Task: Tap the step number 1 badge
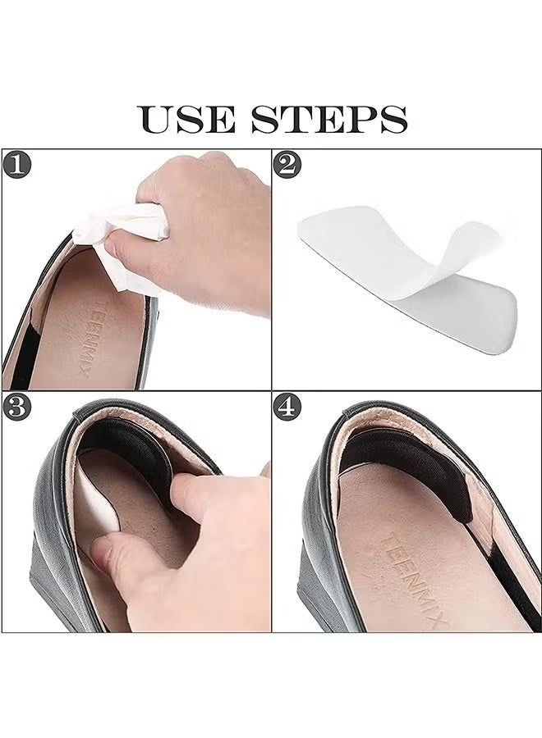click(17, 165)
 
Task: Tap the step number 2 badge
click(287, 165)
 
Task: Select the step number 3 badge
click(17, 407)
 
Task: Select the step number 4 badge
click(287, 407)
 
